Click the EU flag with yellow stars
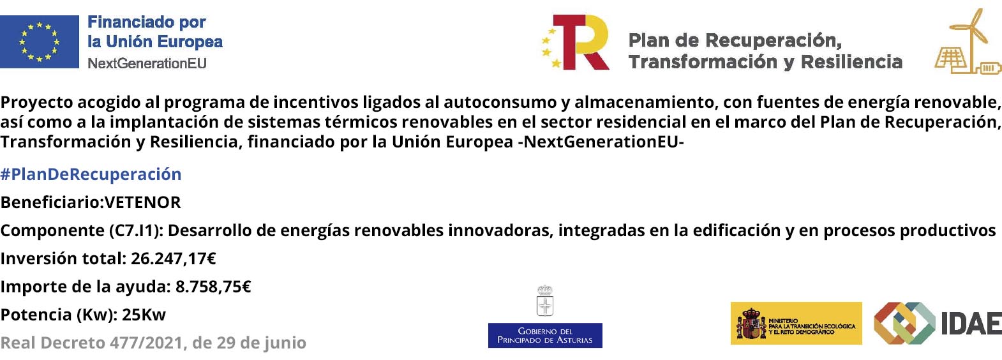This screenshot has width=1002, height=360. pos(40,41)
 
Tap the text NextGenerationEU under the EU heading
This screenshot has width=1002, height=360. pos(147,63)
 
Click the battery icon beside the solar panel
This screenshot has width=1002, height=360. pos(989,68)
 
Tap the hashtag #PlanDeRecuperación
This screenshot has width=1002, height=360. pos(91,174)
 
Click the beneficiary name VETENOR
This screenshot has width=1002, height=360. pos(143,202)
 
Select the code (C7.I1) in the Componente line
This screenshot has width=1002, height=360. pos(136,231)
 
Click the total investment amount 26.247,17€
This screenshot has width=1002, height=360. pos(174,259)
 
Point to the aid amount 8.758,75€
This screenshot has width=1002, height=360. pos(213,287)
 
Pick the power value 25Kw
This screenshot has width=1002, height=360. pos(144,315)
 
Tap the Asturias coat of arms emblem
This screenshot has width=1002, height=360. pos(545,301)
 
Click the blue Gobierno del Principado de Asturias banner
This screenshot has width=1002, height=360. pos(545,335)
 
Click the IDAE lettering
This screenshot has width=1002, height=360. pos(971,324)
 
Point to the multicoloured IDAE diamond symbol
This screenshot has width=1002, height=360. pos(904,324)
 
